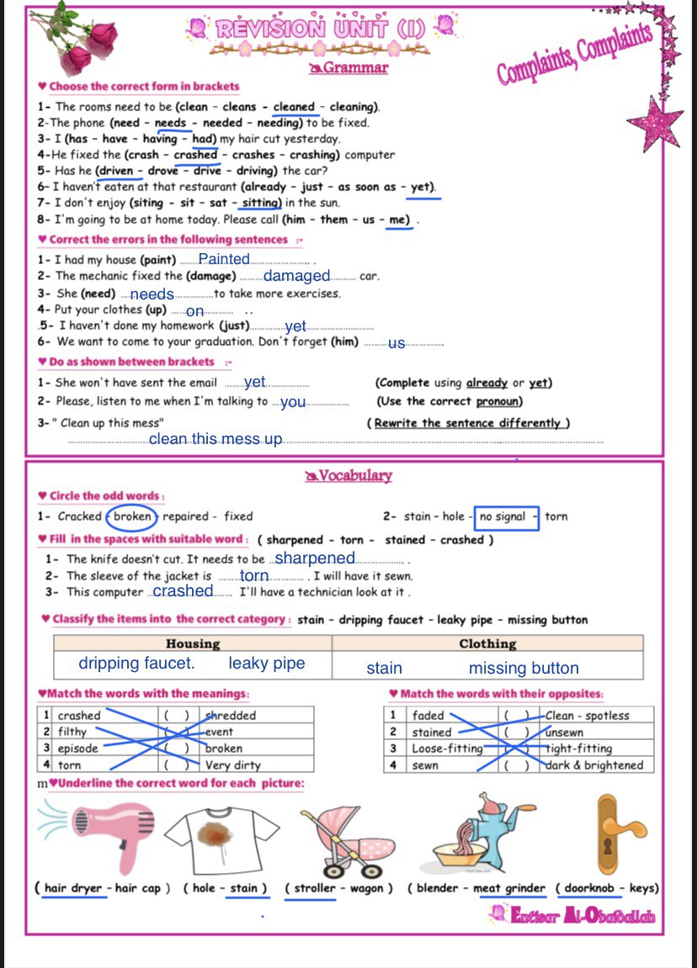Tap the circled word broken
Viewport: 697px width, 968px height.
point(132,516)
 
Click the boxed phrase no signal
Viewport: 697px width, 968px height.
point(503,516)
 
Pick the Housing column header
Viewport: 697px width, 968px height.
point(193,644)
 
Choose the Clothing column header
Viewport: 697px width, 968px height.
point(487,644)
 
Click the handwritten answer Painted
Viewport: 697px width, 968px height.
point(224,260)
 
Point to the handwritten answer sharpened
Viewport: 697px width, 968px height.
point(316,558)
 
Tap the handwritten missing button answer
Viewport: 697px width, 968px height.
point(524,669)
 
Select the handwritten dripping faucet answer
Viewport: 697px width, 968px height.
point(136,664)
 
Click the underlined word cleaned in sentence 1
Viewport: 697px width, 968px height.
point(294,107)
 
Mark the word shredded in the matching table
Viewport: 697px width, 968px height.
point(231,716)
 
